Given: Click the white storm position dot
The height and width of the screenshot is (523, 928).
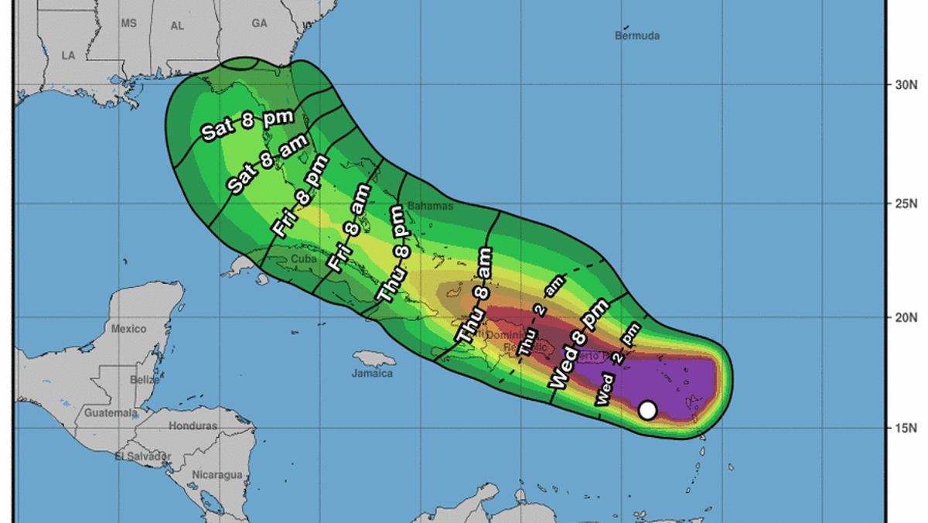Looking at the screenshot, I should [x=648, y=410].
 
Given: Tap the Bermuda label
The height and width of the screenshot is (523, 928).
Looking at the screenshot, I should [x=638, y=36].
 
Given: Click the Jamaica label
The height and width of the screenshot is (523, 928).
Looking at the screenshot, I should [x=372, y=374].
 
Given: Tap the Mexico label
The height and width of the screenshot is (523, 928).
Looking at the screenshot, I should [x=128, y=329].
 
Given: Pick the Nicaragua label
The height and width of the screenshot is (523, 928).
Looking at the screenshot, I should [x=217, y=474].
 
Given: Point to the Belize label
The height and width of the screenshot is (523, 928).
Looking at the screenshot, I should [x=145, y=380].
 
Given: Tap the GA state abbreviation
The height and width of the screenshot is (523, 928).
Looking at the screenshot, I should [x=259, y=24].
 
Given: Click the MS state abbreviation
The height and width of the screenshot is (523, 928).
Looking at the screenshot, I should [x=128, y=24].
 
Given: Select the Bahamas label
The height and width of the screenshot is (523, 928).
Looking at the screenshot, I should [x=426, y=206].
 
